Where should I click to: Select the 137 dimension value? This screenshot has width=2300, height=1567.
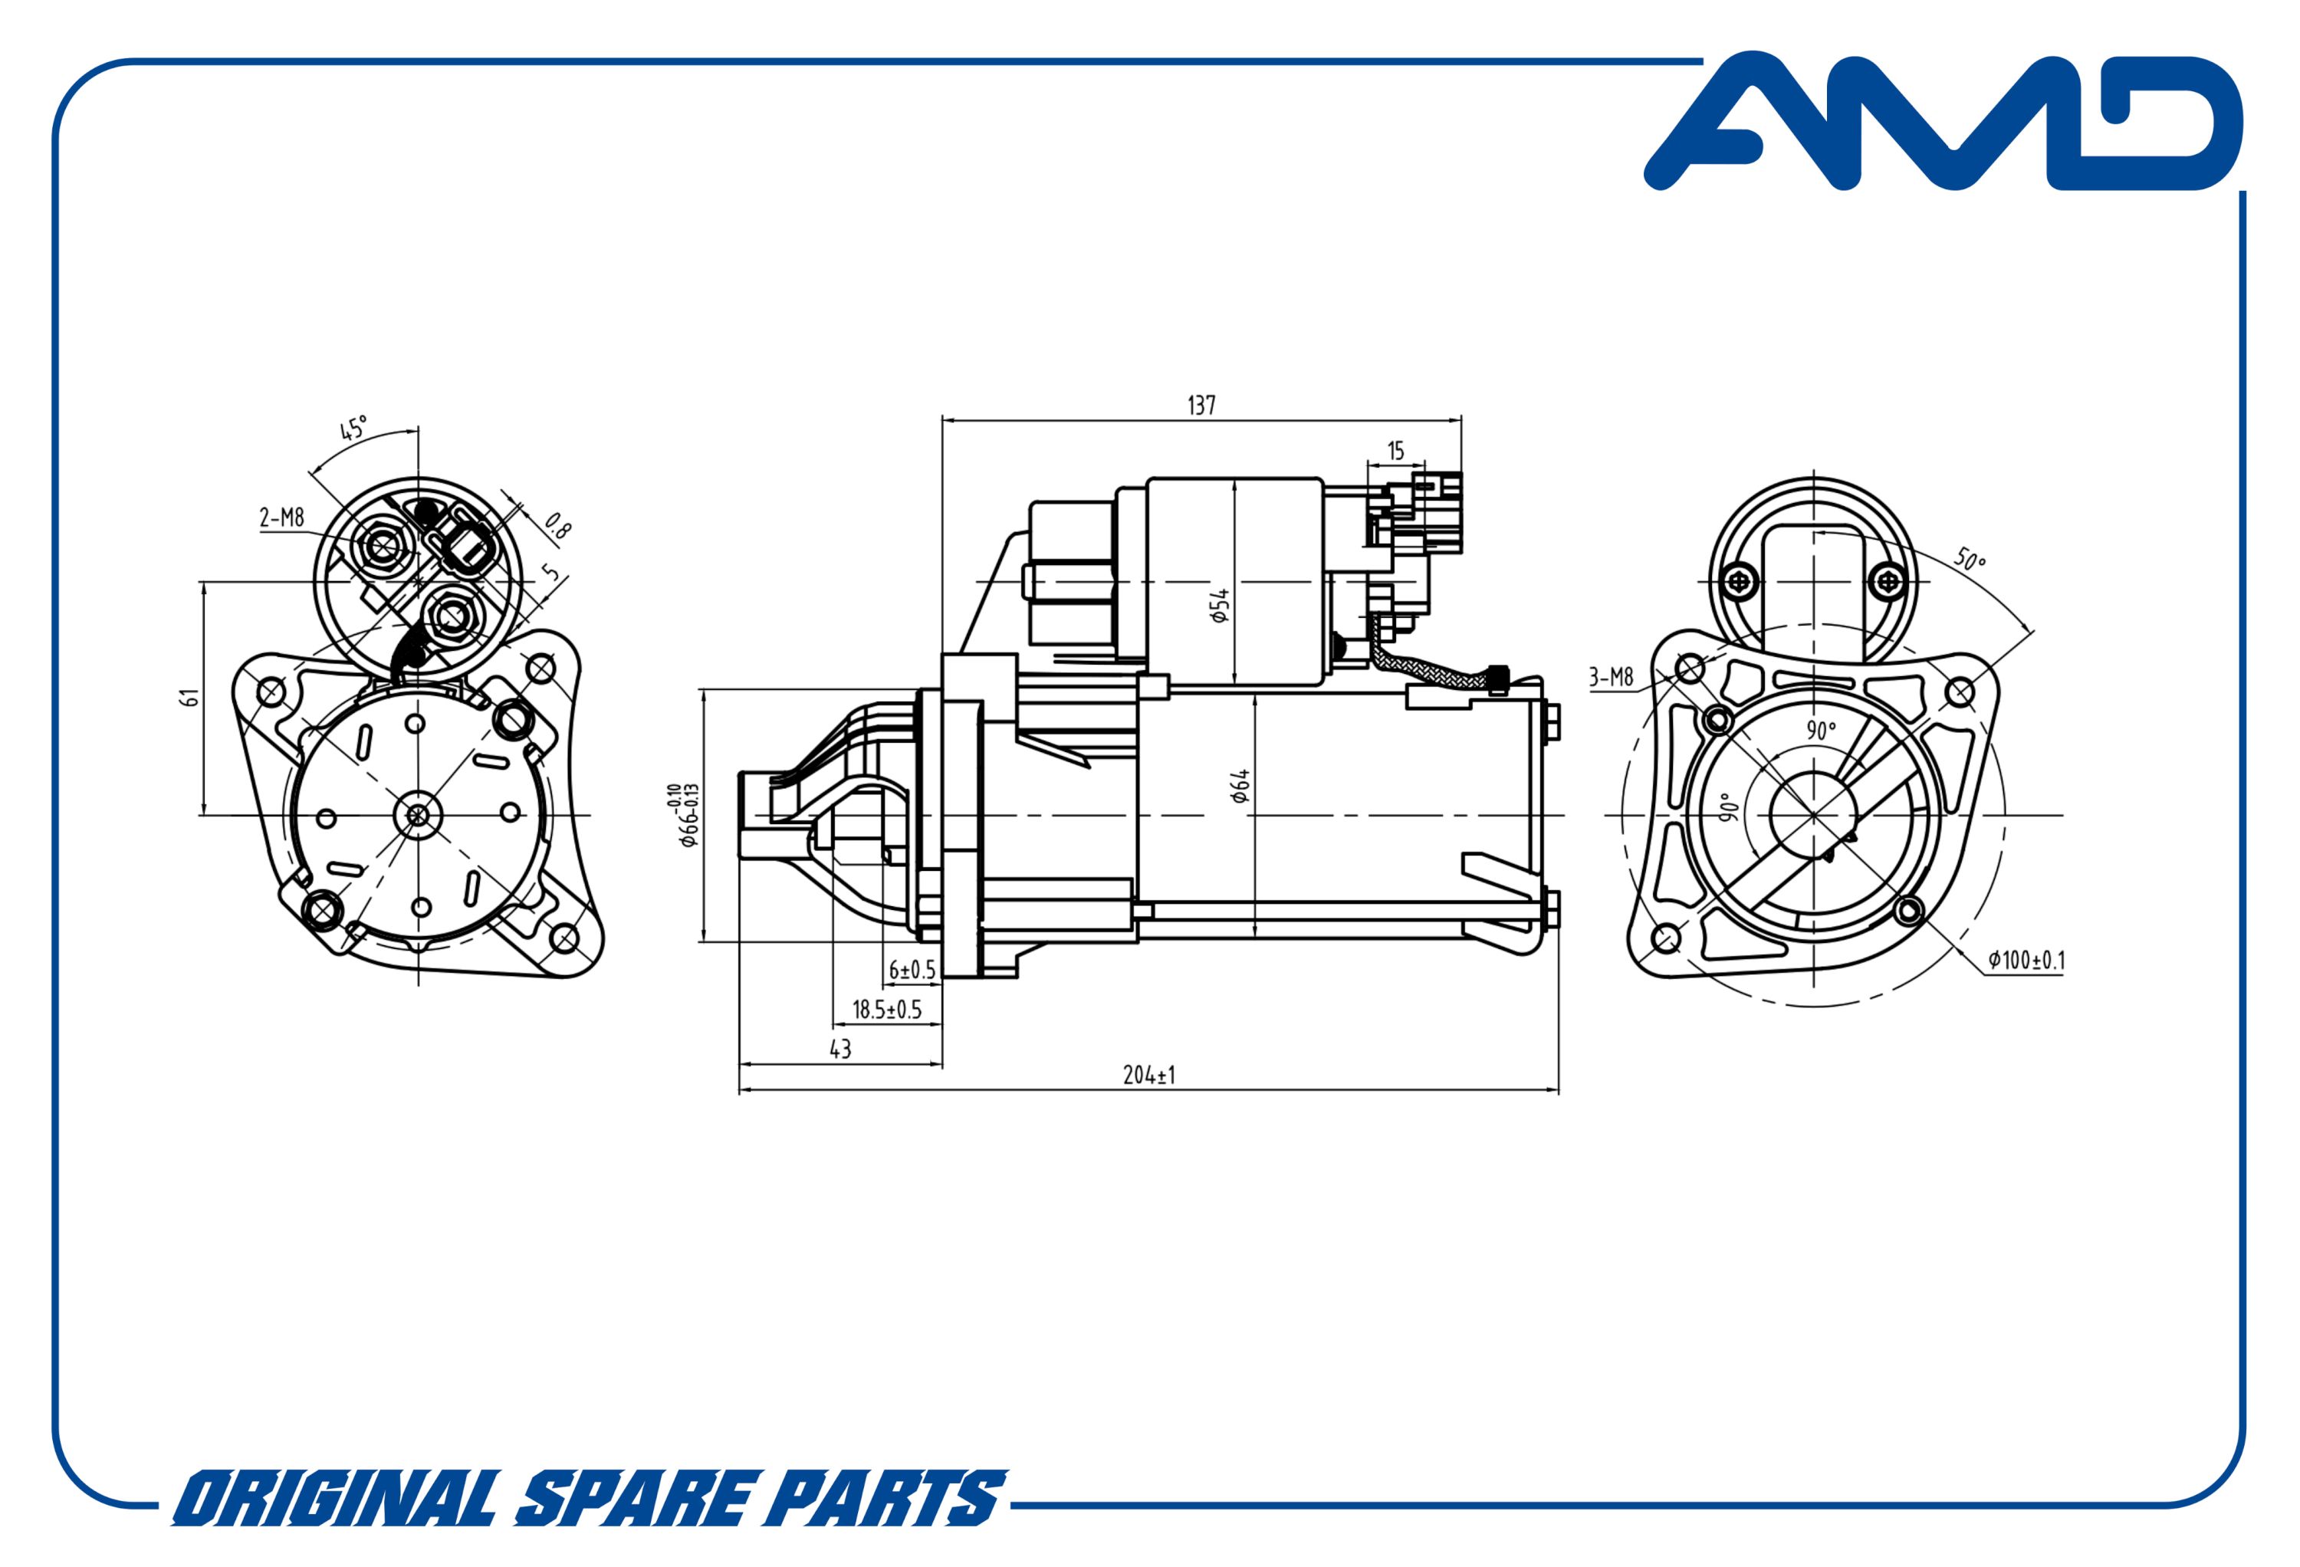pos(1201,406)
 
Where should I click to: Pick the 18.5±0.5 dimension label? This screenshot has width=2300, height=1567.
pos(887,1010)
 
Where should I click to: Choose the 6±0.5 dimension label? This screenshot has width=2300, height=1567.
pos(912,970)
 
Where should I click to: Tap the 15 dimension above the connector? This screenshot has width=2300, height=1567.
pos(1395,452)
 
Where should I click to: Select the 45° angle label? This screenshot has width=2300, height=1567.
pos(353,429)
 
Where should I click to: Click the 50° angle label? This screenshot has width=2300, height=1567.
pos(1970,560)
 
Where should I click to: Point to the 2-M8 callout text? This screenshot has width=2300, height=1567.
pos(282,517)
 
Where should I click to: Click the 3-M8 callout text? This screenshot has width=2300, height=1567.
pos(1610,678)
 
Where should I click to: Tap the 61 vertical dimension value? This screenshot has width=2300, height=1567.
pos(192,697)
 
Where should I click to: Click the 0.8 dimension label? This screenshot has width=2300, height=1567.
pos(559,527)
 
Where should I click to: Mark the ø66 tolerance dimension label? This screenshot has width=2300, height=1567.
pos(684,815)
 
